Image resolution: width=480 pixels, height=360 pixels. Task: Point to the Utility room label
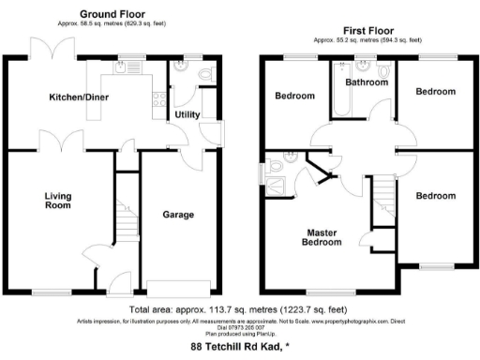[x=187, y=114]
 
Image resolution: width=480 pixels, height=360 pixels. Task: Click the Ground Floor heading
[x=112, y=14]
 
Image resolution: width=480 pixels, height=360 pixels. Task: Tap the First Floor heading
[x=367, y=30]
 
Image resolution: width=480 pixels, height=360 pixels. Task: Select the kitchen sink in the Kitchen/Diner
[x=122, y=67]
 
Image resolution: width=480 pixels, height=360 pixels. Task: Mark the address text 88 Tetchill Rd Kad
[x=240, y=346]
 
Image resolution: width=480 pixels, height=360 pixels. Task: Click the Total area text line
[x=239, y=308]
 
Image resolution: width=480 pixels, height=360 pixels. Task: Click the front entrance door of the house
[x=118, y=281]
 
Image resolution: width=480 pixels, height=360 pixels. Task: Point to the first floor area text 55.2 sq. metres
[x=367, y=41]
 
